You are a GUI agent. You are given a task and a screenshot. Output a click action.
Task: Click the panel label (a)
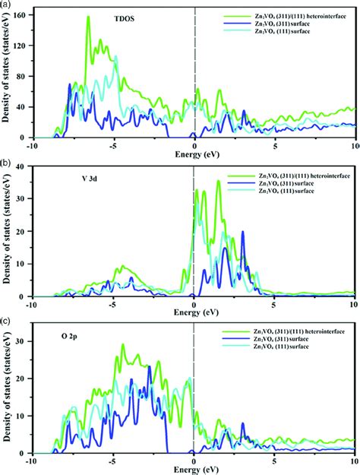7,5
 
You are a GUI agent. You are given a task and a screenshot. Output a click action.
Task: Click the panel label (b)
7,163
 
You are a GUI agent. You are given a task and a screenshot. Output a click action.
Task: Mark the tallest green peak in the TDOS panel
88,17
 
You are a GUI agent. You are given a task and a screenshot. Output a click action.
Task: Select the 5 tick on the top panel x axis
275,145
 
